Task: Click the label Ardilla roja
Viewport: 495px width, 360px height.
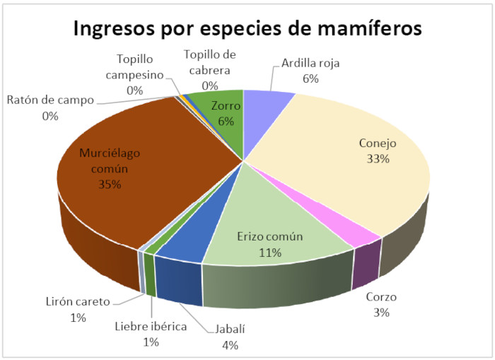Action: [x=310, y=63]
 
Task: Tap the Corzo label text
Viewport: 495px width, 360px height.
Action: [x=382, y=298]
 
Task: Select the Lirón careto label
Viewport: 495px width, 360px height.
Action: [x=77, y=302]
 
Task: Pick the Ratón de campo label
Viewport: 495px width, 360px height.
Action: [x=50, y=100]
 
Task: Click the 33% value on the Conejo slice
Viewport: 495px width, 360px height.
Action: [x=378, y=158]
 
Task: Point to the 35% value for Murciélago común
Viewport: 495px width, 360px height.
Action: [x=110, y=185]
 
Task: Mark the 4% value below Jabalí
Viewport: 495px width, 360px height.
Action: [x=229, y=345]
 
